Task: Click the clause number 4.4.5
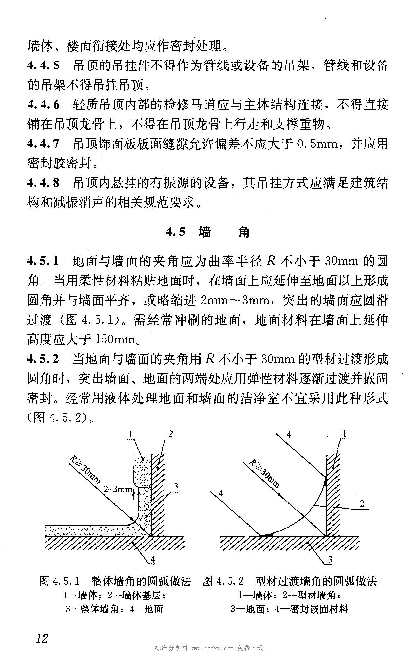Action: click(43, 66)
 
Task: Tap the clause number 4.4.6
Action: click(43, 105)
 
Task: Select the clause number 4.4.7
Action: click(43, 144)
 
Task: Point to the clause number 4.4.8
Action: click(43, 183)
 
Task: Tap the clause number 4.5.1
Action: click(43, 262)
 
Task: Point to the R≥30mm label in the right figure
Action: click(264, 473)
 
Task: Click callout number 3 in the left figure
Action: click(176, 486)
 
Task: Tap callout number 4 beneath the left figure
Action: click(153, 559)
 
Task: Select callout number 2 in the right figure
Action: click(362, 503)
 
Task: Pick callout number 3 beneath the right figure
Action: click(330, 560)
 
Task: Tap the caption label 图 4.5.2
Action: click(224, 581)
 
